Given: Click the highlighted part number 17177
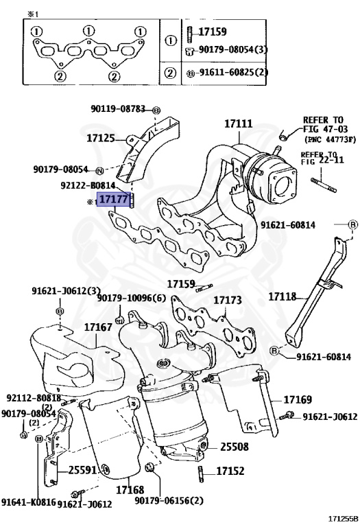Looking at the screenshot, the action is pos(114,199).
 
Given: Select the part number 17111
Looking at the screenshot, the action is pos(238,124).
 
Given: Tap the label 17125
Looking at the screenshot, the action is pos(101,138).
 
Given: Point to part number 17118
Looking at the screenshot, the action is pos(283,296).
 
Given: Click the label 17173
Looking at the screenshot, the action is pos(228,300).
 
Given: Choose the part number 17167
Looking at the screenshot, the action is pos(98,327).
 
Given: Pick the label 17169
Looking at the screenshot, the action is pos(298,399).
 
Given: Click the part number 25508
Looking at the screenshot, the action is pos(235,447).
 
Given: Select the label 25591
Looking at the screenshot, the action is pos(82,470).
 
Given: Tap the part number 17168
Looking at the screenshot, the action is pos(130,490).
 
